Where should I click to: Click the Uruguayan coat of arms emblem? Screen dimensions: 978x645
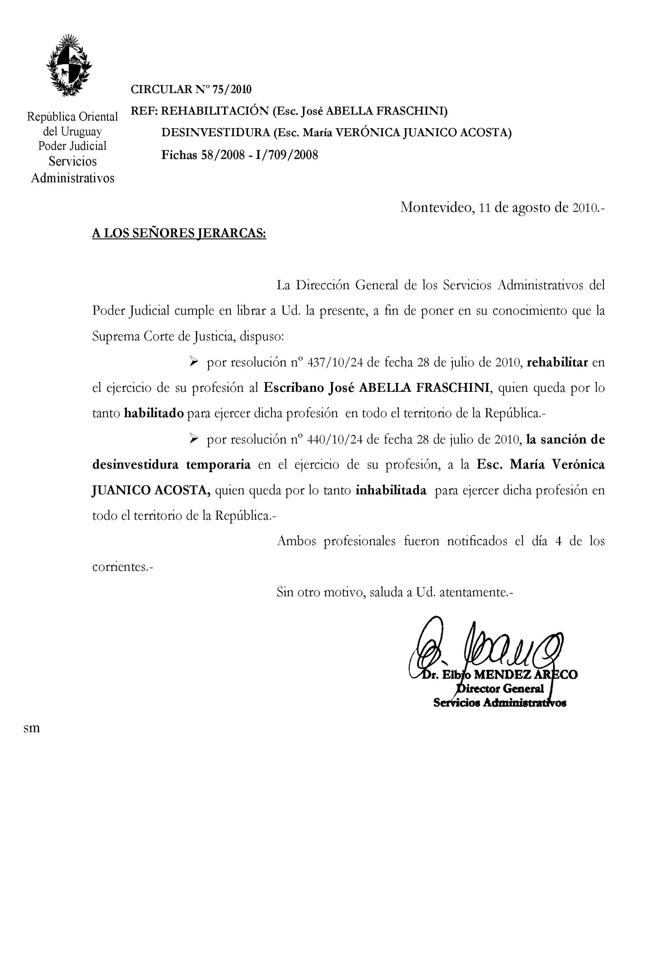(x=69, y=66)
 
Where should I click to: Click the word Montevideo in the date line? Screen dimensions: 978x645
(x=436, y=207)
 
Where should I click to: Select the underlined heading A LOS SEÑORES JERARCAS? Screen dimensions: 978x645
(x=179, y=233)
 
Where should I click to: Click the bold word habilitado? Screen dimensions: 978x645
(x=154, y=413)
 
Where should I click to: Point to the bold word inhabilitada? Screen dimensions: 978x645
(x=390, y=490)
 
